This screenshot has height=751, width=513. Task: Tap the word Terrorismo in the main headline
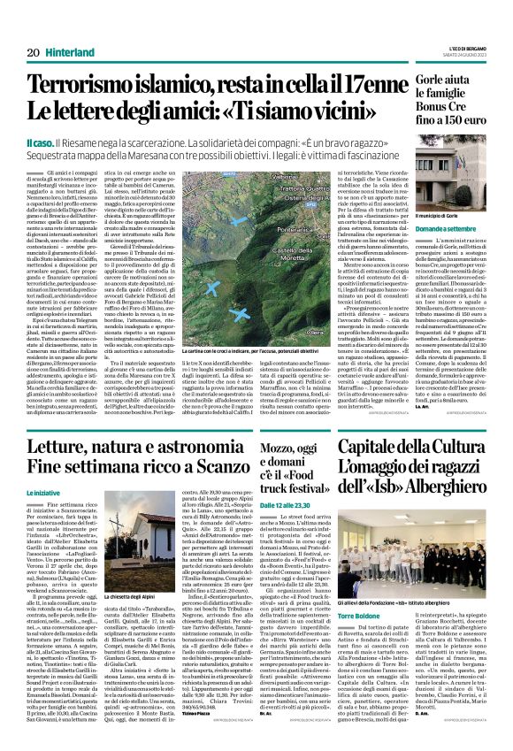point(88,86)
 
